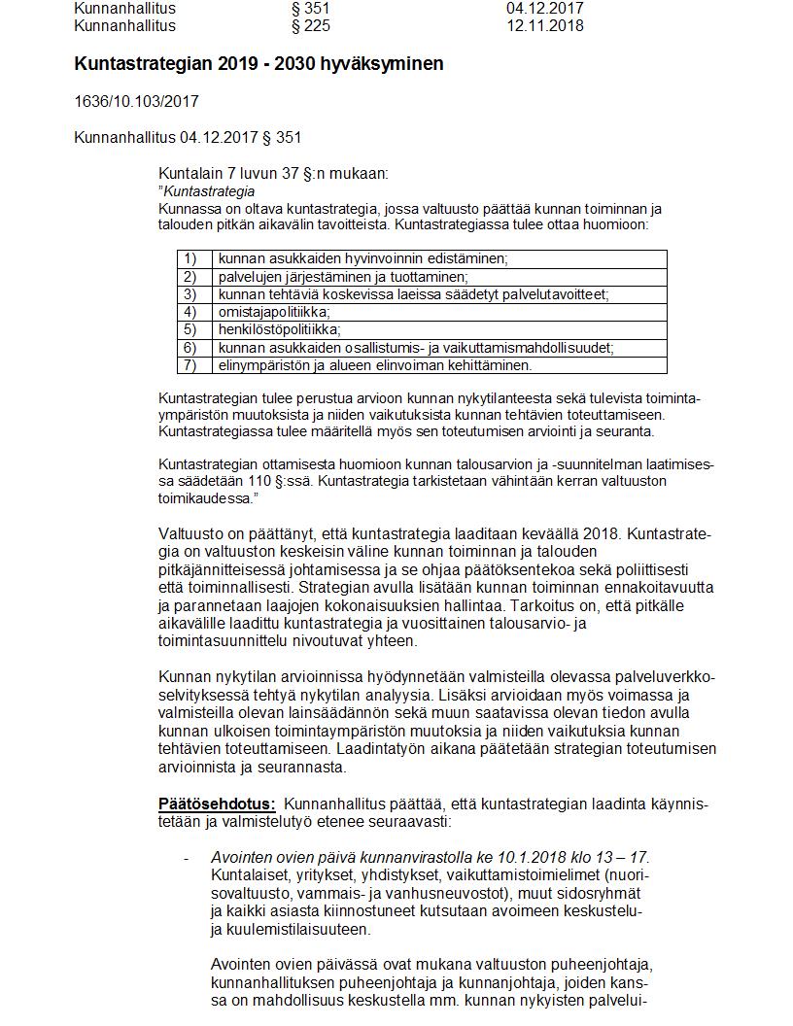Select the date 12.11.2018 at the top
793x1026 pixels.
545,26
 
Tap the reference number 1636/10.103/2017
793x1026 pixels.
137,101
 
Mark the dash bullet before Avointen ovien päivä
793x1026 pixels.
186,858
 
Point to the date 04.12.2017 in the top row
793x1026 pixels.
545,9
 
